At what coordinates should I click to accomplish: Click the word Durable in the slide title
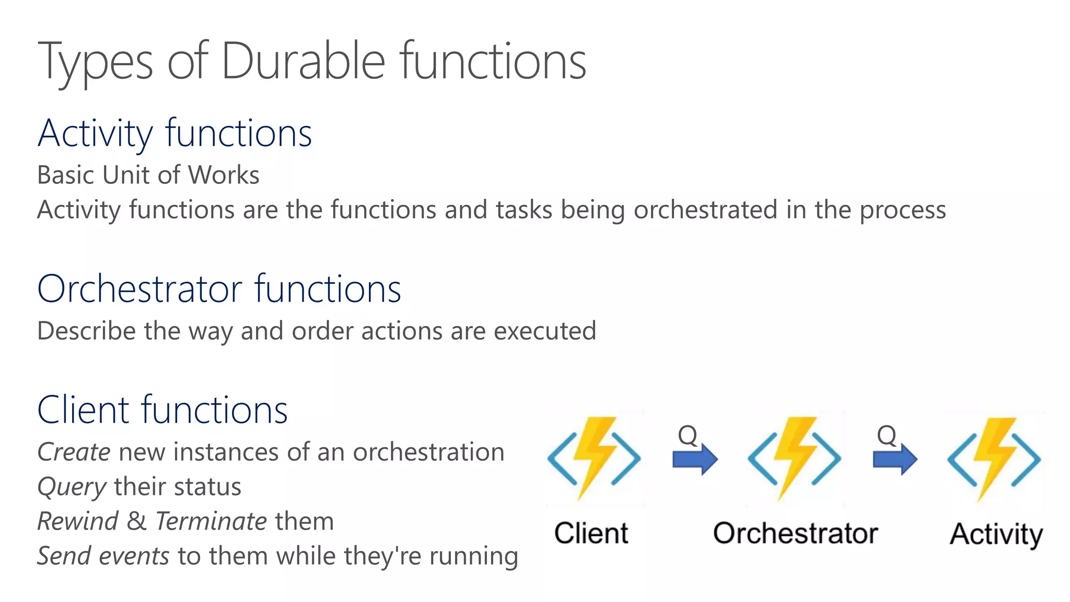(303, 62)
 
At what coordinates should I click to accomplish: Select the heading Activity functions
(175, 134)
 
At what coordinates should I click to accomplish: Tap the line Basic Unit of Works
(148, 175)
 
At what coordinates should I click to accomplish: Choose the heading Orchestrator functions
(219, 289)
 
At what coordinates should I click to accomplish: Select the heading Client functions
(162, 410)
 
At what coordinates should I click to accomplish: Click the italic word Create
(74, 453)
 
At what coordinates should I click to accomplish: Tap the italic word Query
(72, 487)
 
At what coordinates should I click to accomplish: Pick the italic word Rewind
(78, 522)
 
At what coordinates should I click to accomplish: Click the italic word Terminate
(211, 522)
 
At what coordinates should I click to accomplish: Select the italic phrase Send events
(103, 556)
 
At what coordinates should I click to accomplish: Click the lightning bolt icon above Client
(594, 458)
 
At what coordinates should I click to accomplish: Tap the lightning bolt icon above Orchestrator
(794, 458)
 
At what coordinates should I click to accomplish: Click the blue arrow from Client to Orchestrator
(695, 459)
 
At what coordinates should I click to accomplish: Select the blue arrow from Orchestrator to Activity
(895, 459)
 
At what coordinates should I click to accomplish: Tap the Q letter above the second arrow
(886, 435)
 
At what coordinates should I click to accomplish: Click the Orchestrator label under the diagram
(795, 534)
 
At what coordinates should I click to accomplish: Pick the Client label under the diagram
(591, 534)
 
